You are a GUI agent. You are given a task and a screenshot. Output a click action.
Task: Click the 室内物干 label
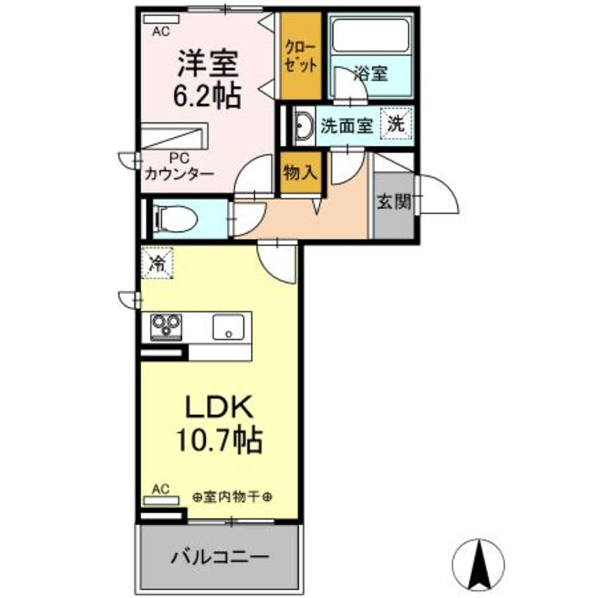point(233,498)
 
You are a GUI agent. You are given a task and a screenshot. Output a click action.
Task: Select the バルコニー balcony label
point(219,557)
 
